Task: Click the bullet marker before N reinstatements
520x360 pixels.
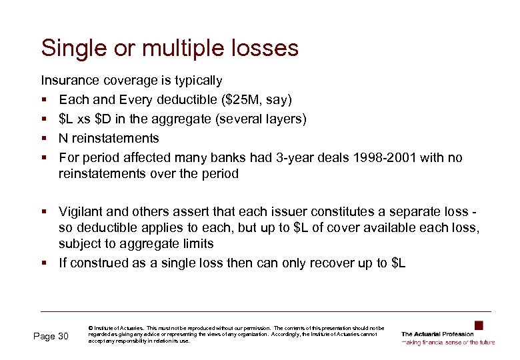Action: (44, 139)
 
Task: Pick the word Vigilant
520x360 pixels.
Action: (81, 212)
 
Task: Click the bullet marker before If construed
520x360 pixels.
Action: (44, 263)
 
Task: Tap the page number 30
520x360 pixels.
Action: (63, 336)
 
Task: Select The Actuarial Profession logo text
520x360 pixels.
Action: (437, 334)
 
